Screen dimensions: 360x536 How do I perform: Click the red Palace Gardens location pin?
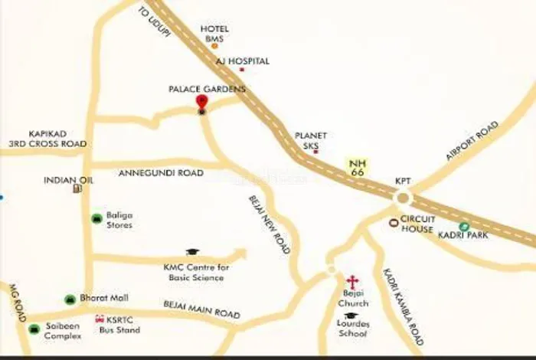(201, 103)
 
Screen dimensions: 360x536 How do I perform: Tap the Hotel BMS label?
(215, 34)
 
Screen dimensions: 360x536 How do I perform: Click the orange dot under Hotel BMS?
(215, 46)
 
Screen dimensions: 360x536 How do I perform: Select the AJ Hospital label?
(242, 60)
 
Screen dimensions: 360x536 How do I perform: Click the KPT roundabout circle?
(403, 198)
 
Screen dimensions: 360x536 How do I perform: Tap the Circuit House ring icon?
(394, 223)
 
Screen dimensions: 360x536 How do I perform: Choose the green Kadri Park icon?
(463, 226)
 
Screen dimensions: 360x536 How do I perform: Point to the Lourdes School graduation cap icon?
(351, 316)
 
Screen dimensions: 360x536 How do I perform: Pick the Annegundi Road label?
(161, 173)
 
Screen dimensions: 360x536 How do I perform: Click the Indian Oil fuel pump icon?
(77, 188)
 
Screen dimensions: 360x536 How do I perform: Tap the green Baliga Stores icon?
(96, 219)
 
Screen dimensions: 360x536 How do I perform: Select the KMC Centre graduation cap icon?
(192, 252)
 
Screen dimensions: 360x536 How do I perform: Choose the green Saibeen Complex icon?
(34, 329)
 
